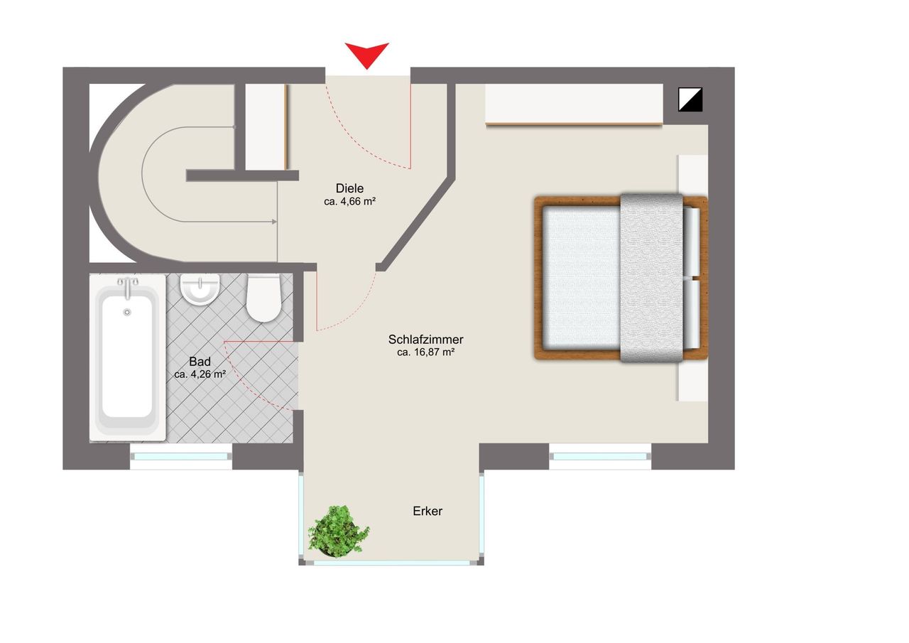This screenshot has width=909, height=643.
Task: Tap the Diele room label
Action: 349,188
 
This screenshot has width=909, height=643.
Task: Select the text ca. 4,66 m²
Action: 349,201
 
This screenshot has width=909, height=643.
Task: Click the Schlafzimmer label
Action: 426,339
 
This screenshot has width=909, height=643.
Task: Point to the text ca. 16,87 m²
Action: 426,352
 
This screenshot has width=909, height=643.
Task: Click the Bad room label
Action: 200,361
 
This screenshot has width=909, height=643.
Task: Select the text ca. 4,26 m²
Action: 200,374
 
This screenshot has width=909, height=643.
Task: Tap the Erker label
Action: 428,511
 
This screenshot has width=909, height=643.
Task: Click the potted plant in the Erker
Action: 339,530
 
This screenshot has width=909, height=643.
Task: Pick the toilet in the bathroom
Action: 263,298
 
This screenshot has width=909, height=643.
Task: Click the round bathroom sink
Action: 200,289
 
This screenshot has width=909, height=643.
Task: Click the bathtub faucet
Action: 128,286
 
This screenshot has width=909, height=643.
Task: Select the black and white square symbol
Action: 690,99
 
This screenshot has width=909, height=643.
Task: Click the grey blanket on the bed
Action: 651,277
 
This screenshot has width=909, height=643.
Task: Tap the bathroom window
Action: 182,456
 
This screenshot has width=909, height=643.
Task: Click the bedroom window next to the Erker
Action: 601,456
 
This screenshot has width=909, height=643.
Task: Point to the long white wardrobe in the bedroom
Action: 574,104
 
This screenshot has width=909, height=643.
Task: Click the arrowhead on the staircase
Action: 273,222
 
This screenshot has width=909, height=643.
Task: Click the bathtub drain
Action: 128,312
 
